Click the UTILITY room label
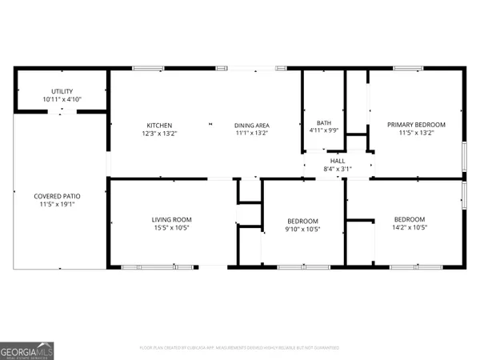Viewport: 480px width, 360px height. click(62, 92)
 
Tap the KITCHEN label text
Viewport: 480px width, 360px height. click(159, 125)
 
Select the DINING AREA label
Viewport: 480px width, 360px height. click(251, 125)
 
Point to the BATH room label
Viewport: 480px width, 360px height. click(324, 122)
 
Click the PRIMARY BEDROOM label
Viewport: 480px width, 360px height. click(416, 125)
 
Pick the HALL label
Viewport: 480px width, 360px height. click(338, 161)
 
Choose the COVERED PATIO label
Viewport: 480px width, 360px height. click(57, 196)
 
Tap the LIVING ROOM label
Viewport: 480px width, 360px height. click(172, 219)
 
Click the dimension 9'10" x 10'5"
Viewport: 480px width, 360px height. click(303, 229)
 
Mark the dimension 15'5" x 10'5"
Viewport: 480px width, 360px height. click(172, 227)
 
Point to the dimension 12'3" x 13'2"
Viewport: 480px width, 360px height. click(159, 133)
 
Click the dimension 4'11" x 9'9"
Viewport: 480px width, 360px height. click(324, 130)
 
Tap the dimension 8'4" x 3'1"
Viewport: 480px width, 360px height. click(338, 169)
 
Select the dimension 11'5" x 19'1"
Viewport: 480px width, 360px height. click(57, 204)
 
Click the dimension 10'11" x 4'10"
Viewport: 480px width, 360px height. click(62, 99)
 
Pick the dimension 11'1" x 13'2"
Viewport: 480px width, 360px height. click(251, 133)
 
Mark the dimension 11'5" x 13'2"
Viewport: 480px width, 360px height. click(416, 133)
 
